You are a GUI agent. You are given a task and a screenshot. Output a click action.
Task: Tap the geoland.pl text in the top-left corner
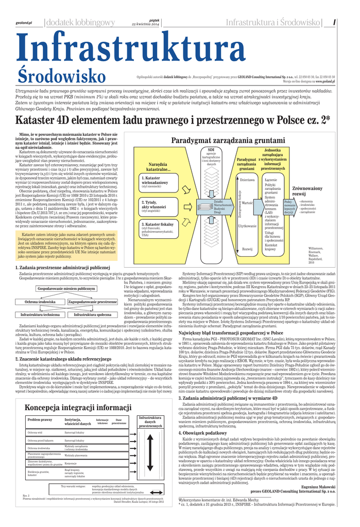[x=24, y=23]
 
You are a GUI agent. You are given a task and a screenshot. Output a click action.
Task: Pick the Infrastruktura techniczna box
[x=40, y=314]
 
